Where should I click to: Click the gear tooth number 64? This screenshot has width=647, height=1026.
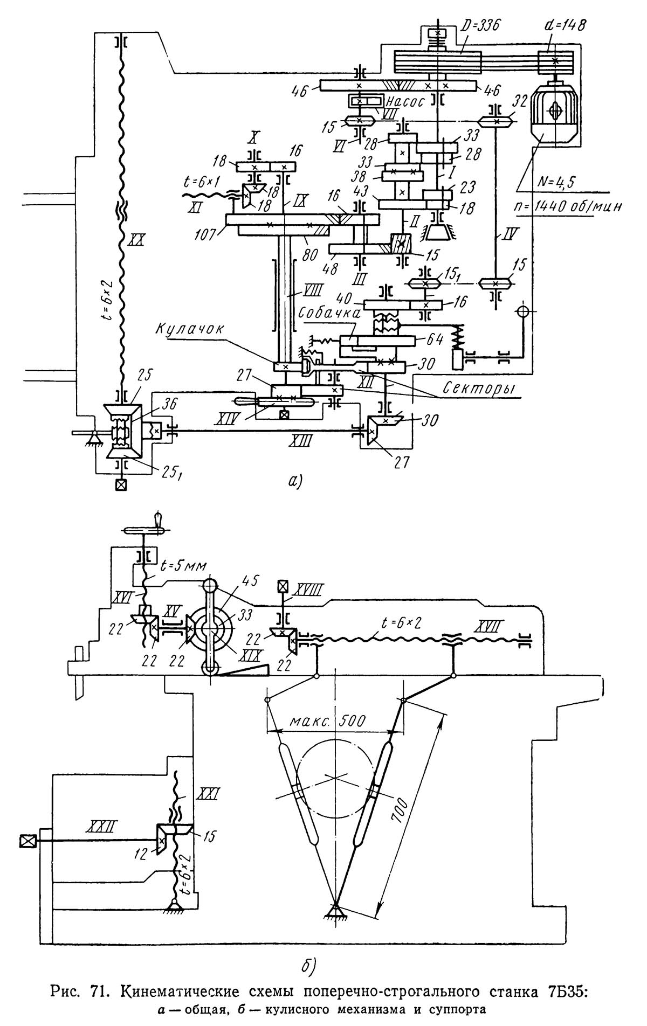[435, 339]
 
